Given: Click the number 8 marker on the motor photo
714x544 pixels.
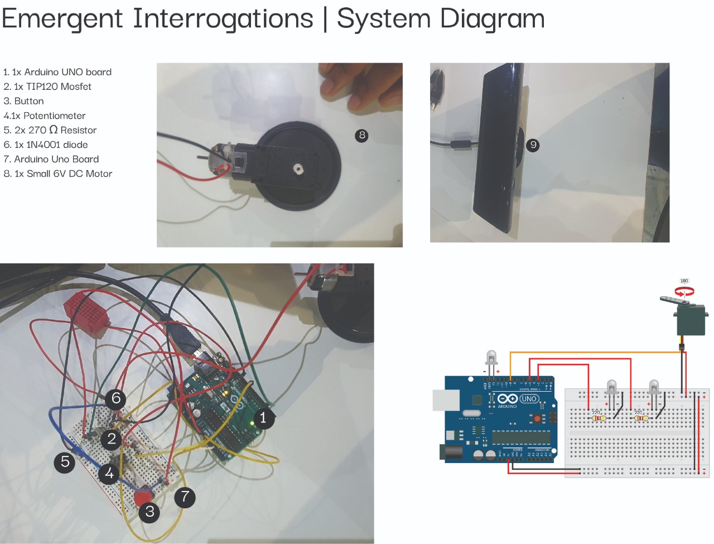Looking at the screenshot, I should tap(362, 135).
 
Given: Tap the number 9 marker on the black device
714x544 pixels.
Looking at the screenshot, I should tap(533, 145).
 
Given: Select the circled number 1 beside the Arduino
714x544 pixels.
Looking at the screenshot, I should tap(263, 417).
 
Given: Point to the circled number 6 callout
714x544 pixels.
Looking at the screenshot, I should tap(116, 398).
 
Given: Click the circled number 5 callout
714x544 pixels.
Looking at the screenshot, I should tap(65, 462).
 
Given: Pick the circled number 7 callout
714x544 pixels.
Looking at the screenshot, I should tap(185, 497).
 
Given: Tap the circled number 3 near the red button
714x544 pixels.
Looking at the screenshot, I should tap(149, 512).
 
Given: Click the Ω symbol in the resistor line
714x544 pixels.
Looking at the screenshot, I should tap(54, 129).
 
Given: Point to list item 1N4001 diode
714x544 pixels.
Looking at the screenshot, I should tap(57, 145).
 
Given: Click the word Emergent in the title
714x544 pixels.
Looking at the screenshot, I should tap(62, 18).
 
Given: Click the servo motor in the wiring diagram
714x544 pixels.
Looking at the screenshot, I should tap(690, 318).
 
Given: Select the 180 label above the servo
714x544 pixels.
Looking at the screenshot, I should tap(684, 281).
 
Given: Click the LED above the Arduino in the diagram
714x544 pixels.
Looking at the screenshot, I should tap(491, 357).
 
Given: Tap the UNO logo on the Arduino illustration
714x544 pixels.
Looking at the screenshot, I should tap(529, 398).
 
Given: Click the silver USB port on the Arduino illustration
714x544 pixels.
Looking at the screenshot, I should tap(446, 400).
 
